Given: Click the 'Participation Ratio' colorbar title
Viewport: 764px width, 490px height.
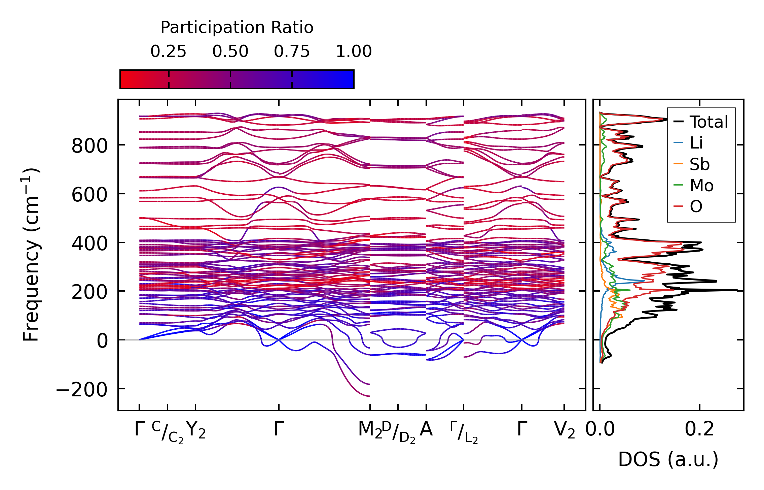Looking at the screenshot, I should [237, 28].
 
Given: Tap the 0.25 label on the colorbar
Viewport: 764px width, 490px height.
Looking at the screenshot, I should [168, 52].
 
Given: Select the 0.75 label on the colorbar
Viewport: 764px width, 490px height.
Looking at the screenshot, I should [292, 52].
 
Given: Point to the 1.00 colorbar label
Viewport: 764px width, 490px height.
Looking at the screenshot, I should [354, 52].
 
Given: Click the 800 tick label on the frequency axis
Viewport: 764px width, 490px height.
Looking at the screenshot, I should [89, 146].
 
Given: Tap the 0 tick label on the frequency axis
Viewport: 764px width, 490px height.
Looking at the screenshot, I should [102, 341].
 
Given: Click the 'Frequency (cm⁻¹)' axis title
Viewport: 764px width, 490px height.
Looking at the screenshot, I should [31, 255].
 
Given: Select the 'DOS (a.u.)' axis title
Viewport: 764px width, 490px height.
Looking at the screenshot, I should [668, 459].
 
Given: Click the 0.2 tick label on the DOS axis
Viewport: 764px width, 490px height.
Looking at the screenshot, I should [699, 429].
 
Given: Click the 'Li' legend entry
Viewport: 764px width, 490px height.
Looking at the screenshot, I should [696, 143].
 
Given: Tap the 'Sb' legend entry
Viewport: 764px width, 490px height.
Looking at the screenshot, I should [699, 164].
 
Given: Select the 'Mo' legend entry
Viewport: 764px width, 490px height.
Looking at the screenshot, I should [701, 186].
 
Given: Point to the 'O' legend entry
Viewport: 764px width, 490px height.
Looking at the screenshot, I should [696, 206].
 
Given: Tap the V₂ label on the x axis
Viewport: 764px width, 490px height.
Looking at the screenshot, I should [564, 430].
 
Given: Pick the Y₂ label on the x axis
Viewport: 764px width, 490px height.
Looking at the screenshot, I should [195, 430].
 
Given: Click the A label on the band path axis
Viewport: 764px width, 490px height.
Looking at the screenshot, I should [426, 429].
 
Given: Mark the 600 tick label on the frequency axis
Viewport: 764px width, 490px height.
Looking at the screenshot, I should [89, 195].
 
